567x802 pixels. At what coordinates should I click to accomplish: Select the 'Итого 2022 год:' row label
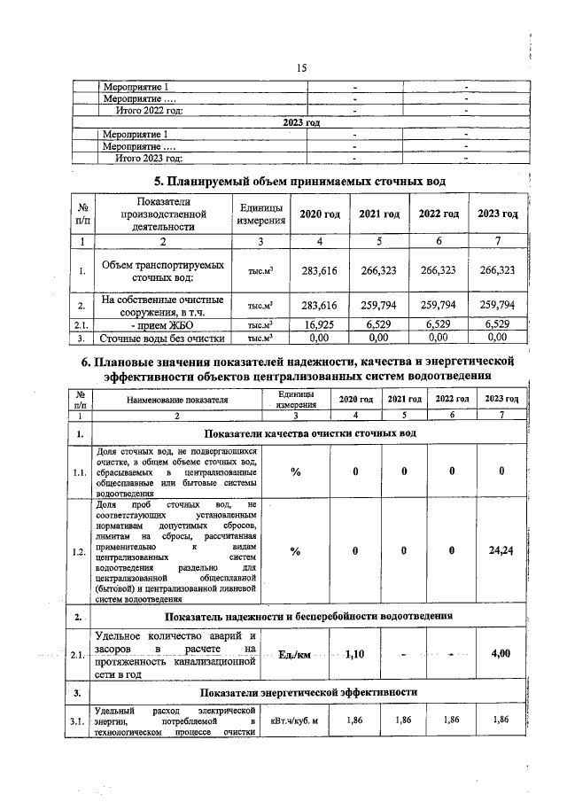point(150,111)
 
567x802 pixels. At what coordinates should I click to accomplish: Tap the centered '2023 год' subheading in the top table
point(300,122)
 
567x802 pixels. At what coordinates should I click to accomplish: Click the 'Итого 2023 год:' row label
point(150,158)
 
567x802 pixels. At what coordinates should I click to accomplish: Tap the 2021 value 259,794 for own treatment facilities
point(379,305)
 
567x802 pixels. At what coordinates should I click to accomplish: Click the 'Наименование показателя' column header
point(177,400)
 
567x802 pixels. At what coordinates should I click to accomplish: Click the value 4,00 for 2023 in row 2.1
point(501,654)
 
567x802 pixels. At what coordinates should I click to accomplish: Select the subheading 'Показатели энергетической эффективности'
point(309,692)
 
